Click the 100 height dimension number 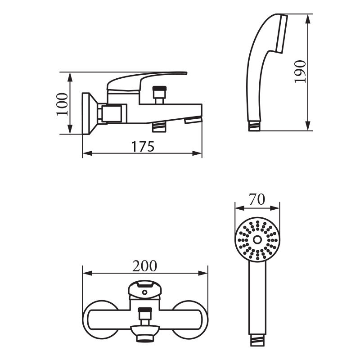click(63, 104)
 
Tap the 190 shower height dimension click(300, 71)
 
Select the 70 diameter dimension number click(257, 199)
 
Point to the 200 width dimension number click(144, 266)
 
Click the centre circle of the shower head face click(257, 240)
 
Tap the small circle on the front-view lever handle click(144, 292)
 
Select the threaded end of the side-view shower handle click(254, 126)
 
